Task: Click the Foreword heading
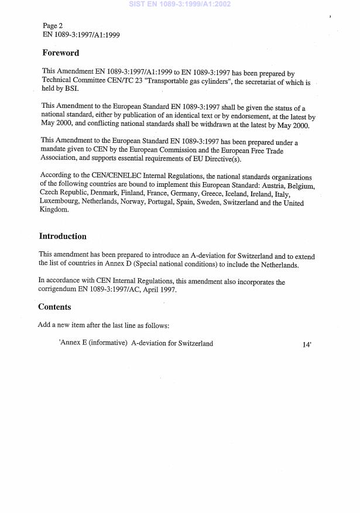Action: coord(60,53)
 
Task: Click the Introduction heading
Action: coord(63,237)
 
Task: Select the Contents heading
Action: coord(54,307)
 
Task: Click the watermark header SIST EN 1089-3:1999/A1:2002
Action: coord(180,4)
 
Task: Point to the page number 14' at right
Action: coord(306,344)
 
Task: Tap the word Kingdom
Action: coord(54,210)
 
